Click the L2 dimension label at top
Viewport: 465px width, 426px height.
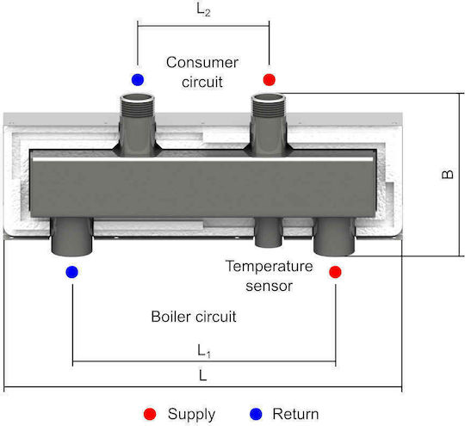tap(203, 9)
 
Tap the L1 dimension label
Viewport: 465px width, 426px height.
tap(204, 351)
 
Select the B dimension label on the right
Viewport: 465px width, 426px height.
tap(448, 174)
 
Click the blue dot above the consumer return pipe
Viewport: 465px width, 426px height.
tap(138, 80)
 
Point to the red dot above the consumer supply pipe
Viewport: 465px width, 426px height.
tap(270, 80)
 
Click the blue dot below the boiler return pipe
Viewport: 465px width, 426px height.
tap(72, 272)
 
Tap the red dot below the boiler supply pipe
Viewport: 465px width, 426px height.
tap(336, 272)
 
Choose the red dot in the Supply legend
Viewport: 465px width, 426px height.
tap(150, 414)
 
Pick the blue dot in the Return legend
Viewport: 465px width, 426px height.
tap(256, 414)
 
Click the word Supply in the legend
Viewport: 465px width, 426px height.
tap(191, 415)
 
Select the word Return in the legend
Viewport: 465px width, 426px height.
tap(295, 414)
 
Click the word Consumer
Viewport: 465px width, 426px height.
tap(202, 63)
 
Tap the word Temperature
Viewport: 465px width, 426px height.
tap(270, 266)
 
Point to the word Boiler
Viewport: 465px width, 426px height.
tap(170, 317)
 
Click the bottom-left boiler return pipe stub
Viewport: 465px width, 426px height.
tap(71, 237)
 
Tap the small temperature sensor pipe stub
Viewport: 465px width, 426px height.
tap(269, 232)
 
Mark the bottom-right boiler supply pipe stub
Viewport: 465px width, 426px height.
tap(334, 237)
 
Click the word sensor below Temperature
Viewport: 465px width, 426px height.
tap(270, 287)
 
